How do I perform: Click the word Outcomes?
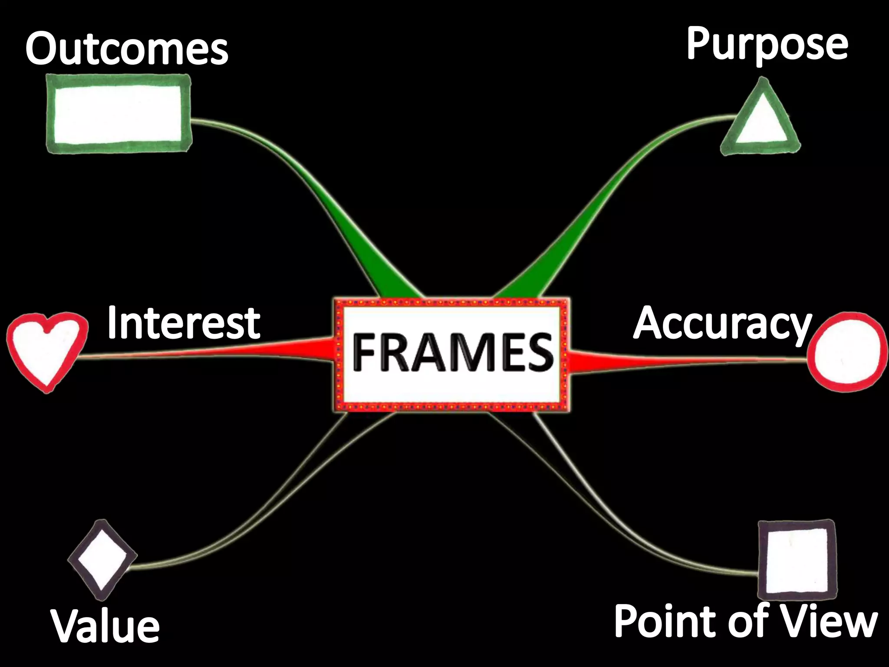(x=127, y=49)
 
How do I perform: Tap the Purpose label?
(x=767, y=45)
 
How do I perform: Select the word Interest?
(x=183, y=323)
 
